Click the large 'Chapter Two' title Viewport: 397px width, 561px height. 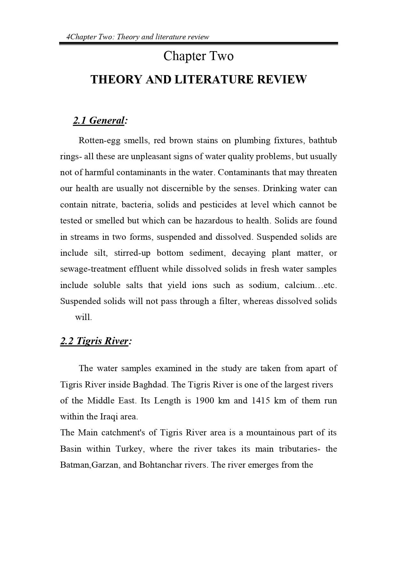point(198,56)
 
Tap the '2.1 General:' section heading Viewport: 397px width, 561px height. point(100,121)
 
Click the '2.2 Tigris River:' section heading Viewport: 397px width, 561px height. point(96,341)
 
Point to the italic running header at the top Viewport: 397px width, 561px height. point(138,37)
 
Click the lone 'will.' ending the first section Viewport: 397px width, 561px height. point(83,317)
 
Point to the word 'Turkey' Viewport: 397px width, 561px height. point(129,449)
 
